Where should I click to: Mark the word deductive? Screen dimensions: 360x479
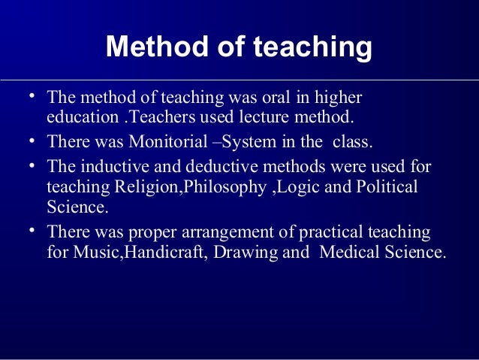point(203,165)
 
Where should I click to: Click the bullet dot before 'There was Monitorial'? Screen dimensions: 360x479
point(33,141)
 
